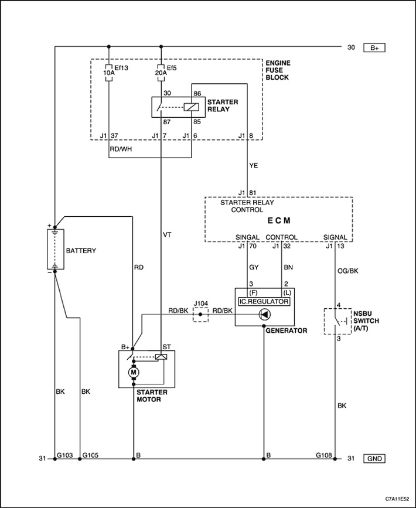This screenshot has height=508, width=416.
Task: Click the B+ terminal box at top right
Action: (x=374, y=47)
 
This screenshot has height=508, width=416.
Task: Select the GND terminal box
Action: (x=374, y=458)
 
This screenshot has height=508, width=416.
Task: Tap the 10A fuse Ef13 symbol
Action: (x=109, y=73)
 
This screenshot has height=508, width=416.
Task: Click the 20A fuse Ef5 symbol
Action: (x=161, y=73)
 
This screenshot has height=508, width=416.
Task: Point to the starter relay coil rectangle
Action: (x=191, y=107)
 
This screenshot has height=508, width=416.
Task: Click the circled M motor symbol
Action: (x=133, y=372)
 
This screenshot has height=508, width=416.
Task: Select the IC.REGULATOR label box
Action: (x=264, y=302)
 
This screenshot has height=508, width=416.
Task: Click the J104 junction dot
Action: (x=200, y=314)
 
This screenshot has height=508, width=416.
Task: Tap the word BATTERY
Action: (x=81, y=251)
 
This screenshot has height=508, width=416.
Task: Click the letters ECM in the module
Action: (x=279, y=221)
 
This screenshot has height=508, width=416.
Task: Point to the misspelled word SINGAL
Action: (x=247, y=237)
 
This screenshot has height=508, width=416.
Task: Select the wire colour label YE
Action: (x=254, y=166)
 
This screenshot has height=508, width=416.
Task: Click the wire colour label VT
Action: (x=167, y=235)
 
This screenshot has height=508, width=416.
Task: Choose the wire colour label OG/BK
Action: (x=348, y=271)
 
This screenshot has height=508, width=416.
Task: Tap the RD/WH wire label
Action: (x=121, y=149)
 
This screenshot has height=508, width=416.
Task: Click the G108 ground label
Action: (x=324, y=455)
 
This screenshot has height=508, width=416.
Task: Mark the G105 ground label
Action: (x=90, y=455)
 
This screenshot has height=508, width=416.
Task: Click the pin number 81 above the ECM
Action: (x=253, y=193)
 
